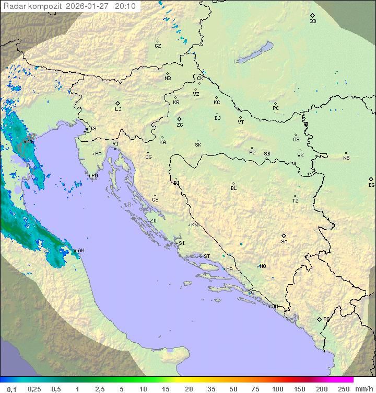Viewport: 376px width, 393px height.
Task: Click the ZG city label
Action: pos(180,125)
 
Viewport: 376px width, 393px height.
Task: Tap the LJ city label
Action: pos(118,109)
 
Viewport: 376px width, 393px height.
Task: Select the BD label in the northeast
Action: pos(313,21)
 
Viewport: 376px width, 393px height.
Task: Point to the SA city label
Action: pos(284,242)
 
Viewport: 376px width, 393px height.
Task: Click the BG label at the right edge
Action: pos(371,185)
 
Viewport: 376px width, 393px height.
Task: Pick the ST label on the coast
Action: pos(207,256)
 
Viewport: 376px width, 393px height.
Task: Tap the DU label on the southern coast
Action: pos(275,307)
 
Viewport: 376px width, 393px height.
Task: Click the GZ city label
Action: pos(158,46)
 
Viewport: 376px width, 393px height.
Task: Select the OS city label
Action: pos(296,140)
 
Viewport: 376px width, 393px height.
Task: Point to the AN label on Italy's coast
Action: pos(81,251)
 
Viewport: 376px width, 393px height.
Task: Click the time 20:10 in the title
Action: pos(125,6)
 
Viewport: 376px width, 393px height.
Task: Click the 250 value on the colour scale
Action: pos(344,389)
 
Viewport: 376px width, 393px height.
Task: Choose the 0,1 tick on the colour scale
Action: pos(11,389)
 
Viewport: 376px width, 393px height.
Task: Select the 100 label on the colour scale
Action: pos(277,389)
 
